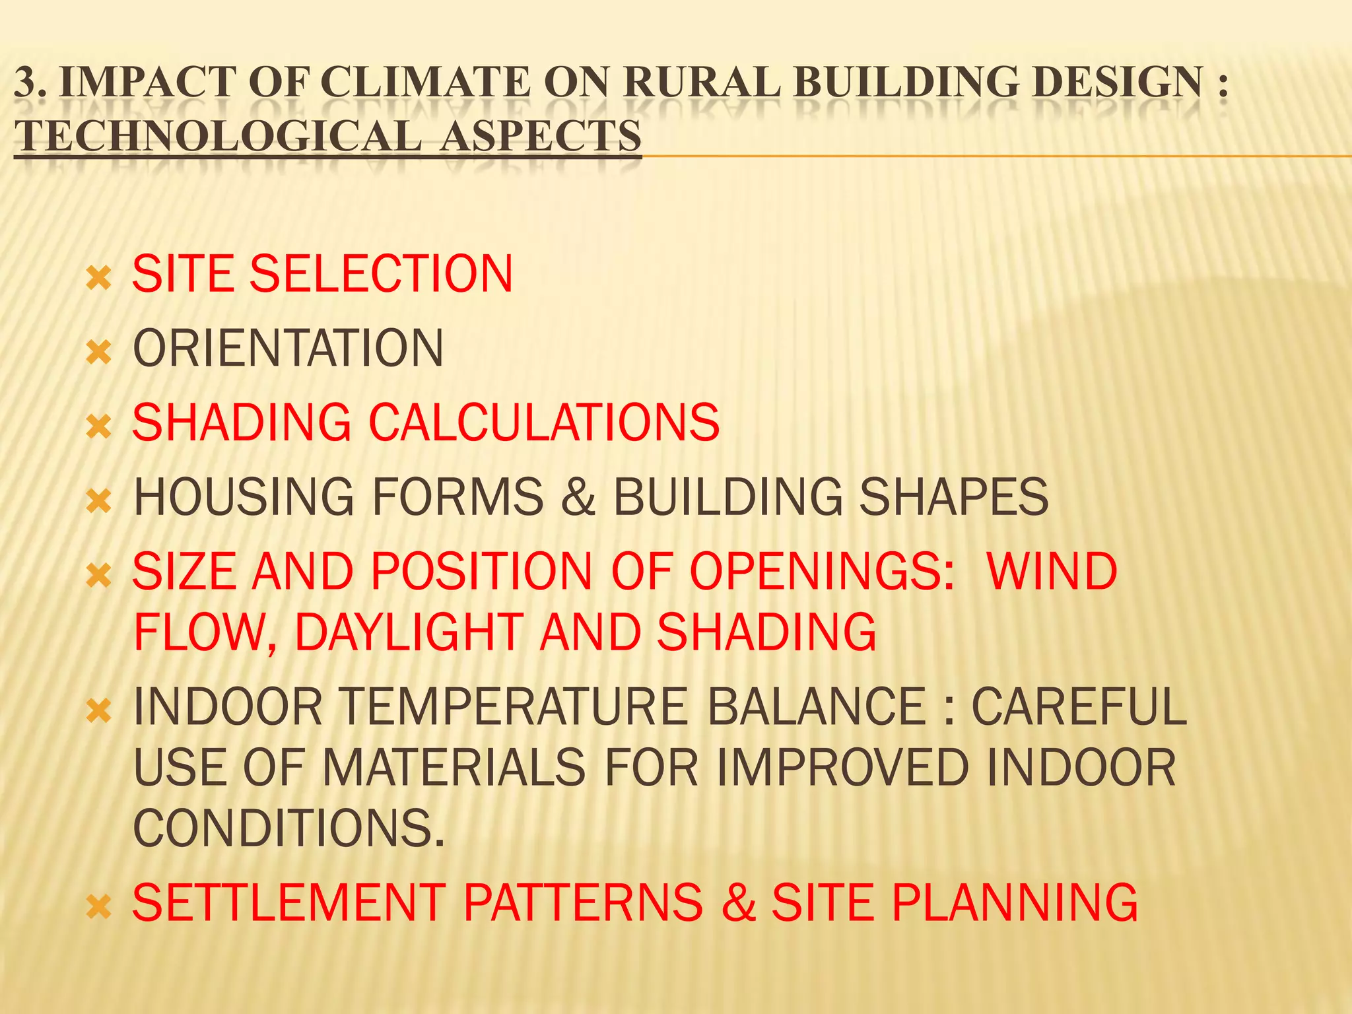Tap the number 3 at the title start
click(x=26, y=83)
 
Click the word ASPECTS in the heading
click(x=541, y=136)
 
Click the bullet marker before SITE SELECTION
click(x=98, y=279)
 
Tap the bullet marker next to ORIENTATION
click(x=98, y=353)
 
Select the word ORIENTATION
click(x=288, y=349)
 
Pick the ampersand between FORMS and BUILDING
click(x=579, y=497)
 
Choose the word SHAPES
click(x=953, y=497)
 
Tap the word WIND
click(x=1052, y=572)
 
